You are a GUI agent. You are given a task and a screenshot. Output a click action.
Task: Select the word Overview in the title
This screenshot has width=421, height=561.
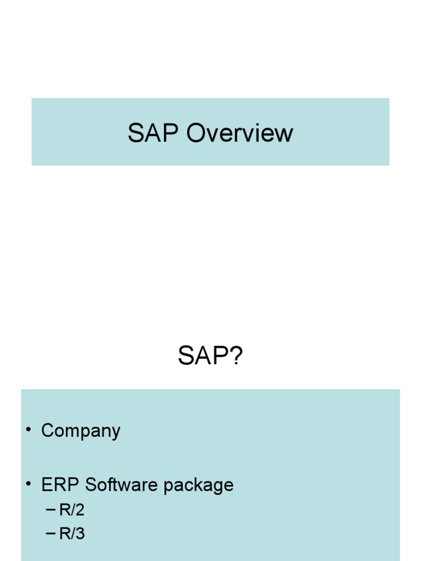click(240, 133)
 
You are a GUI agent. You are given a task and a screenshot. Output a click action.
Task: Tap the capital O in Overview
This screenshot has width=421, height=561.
click(196, 133)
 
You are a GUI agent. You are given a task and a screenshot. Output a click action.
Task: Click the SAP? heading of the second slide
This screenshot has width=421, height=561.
click(210, 357)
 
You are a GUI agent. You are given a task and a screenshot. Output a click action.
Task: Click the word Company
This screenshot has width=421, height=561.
click(81, 431)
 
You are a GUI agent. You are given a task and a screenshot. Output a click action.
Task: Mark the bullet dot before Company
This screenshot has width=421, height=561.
click(27, 430)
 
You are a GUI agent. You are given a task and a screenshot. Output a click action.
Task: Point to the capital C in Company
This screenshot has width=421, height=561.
click(48, 431)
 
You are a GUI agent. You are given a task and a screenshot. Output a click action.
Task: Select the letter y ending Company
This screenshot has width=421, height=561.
click(115, 433)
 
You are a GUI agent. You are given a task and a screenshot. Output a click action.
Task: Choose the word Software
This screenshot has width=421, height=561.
click(115, 485)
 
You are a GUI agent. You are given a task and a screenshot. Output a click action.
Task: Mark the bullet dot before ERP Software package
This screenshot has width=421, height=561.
click(27, 484)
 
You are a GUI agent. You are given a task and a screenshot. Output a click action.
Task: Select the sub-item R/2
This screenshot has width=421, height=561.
click(72, 510)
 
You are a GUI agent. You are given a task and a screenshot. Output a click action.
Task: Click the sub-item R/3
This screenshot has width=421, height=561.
click(72, 534)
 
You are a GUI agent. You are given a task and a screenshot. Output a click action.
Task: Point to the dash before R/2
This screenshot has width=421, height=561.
click(51, 510)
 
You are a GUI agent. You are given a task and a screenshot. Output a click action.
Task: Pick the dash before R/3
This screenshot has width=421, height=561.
click(51, 534)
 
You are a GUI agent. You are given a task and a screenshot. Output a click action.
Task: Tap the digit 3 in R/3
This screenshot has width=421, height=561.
click(80, 534)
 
